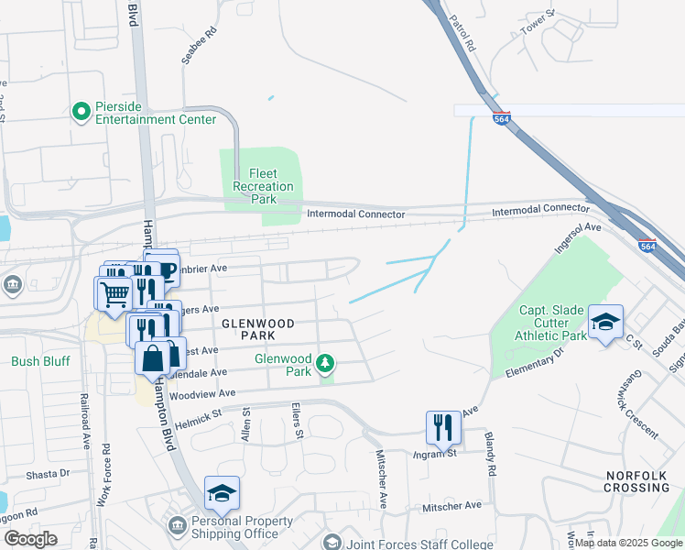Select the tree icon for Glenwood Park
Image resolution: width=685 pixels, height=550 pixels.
point(324,365)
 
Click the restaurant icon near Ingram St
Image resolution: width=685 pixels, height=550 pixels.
point(443,426)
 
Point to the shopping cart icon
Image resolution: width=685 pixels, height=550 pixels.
point(114,292)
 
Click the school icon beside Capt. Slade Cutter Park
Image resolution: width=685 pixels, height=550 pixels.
point(605,322)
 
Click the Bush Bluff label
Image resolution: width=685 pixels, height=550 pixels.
point(40,361)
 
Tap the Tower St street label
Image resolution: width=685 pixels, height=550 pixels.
point(538,23)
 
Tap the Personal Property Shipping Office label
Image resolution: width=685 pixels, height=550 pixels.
point(235,528)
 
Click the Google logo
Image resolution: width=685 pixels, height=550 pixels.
point(30,539)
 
